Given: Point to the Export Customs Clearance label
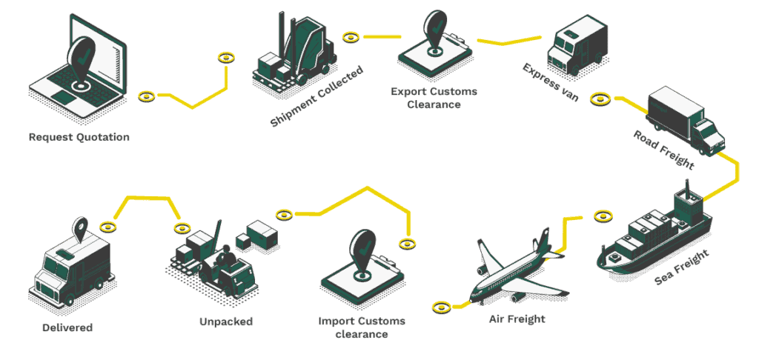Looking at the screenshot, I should point(434,98).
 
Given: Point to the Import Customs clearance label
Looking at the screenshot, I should point(362,327).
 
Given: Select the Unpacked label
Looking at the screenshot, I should point(226,321).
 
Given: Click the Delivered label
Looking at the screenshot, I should point(67,327).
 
